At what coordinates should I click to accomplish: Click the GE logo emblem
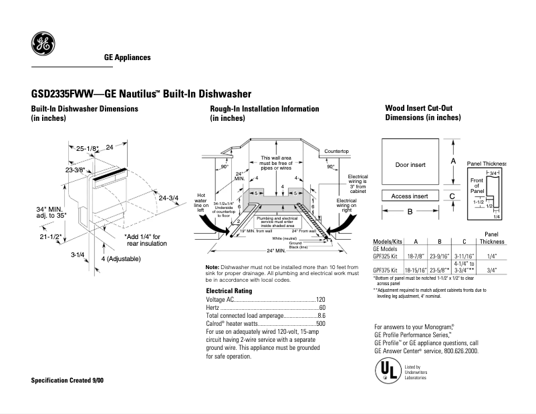point(43,45)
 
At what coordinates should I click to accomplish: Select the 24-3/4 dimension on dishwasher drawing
point(169,197)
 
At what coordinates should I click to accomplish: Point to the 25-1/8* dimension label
point(88,148)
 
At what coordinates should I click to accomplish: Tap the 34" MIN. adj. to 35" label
point(49,212)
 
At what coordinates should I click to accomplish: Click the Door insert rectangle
point(410,164)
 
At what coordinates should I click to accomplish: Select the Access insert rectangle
point(410,196)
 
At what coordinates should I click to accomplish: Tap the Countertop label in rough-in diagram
point(336,152)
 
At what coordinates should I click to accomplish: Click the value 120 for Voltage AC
point(320,300)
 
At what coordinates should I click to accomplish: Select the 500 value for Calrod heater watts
point(320,323)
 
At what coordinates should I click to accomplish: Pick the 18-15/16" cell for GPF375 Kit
point(416,270)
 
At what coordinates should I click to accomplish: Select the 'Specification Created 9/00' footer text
point(68,380)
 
